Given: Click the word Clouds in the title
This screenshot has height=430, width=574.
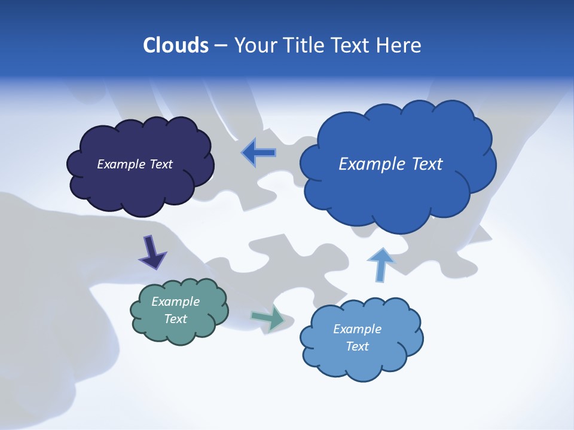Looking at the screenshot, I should tap(175, 45).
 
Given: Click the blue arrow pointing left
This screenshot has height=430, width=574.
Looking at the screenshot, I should tap(259, 153).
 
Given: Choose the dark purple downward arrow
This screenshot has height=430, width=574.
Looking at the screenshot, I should tap(152, 252).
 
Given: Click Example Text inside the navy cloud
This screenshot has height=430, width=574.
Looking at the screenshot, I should tap(135, 164).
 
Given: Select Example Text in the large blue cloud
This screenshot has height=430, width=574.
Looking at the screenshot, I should tap(390, 164).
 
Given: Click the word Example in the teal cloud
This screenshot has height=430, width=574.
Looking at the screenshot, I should tap(176, 302).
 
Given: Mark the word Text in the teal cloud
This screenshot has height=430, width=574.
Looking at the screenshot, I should tap(176, 319).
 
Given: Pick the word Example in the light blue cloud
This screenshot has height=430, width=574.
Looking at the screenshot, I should tap(357, 329).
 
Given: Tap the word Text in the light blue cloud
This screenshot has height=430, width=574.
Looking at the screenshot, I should tap(357, 346).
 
